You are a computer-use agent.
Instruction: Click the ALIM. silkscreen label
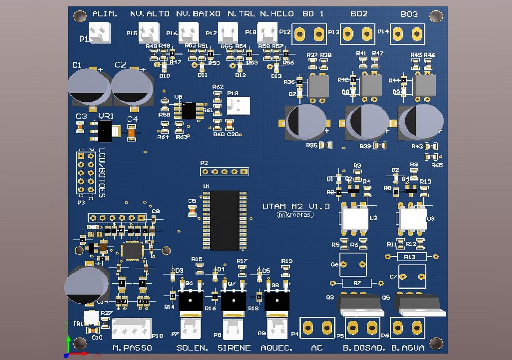tap(104, 14)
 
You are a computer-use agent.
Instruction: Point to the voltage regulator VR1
tap(105, 131)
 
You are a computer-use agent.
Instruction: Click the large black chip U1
tap(225, 220)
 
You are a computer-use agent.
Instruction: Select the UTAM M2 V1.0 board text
tap(296, 207)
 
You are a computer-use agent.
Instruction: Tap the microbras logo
tap(295, 214)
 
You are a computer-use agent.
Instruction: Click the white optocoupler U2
tap(354, 219)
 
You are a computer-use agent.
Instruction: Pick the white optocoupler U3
tap(411, 219)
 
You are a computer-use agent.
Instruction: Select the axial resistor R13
tap(410, 256)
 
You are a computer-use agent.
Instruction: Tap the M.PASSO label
tap(132, 348)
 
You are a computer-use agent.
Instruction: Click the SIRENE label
tap(234, 348)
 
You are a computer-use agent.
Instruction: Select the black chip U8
tap(188, 110)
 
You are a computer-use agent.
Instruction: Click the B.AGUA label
tap(408, 348)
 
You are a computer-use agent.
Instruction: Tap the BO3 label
tap(409, 14)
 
